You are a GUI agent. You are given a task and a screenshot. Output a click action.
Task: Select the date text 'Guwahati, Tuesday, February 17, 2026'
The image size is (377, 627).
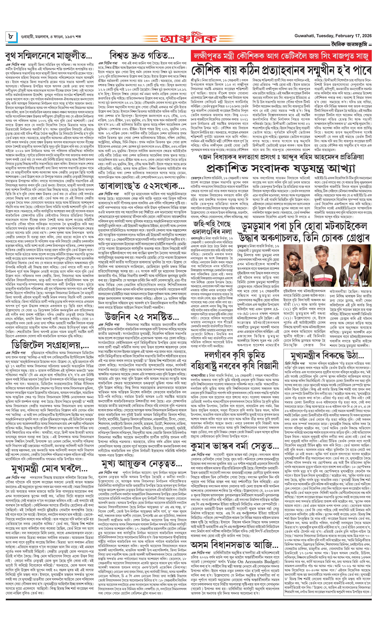(333, 36)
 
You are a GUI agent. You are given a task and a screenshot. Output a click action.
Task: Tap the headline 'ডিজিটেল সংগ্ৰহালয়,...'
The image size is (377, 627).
(50, 345)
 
